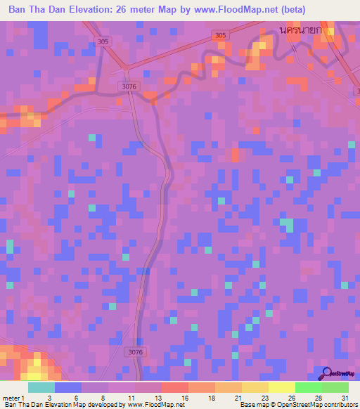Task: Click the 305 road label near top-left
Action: coord(104,41)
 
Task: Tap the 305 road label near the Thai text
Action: coord(220,36)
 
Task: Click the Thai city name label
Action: coord(300,31)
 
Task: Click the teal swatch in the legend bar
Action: coord(41,387)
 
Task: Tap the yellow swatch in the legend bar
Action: coord(281,387)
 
